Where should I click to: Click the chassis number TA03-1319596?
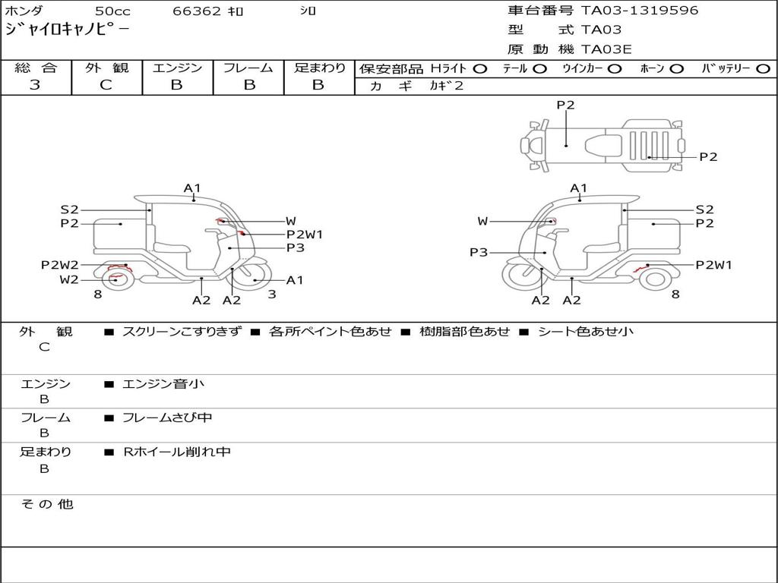(x=640, y=11)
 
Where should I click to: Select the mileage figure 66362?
(x=197, y=11)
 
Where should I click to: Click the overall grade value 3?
(x=35, y=85)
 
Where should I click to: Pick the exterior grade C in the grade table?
(x=106, y=85)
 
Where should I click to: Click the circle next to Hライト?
(x=480, y=69)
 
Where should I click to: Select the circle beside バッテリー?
(x=763, y=69)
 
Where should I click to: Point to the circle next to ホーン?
(x=676, y=69)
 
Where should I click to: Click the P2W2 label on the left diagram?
(x=59, y=265)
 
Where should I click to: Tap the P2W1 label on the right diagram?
(x=713, y=265)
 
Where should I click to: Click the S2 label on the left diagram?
(x=69, y=210)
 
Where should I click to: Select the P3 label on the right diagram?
(x=479, y=252)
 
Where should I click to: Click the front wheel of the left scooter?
(x=252, y=276)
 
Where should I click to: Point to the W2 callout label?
(x=69, y=279)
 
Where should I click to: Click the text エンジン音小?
(x=163, y=383)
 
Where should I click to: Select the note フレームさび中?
(x=167, y=418)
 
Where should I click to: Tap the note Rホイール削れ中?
(x=176, y=452)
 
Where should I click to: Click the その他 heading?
(x=46, y=504)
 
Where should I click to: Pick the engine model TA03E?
(x=606, y=49)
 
